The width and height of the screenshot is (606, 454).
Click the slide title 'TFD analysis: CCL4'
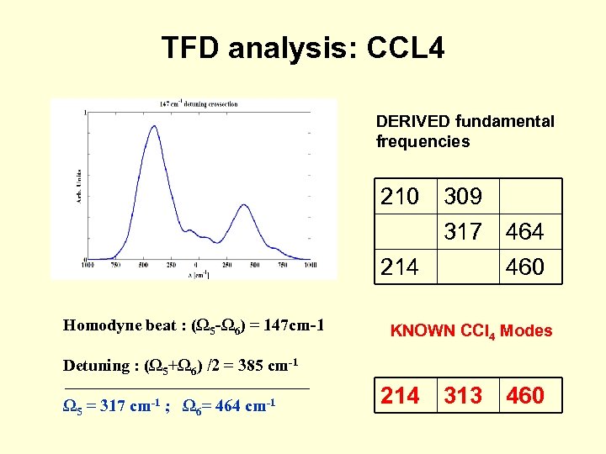(x=303, y=48)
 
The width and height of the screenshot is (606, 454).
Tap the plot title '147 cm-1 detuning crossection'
(x=199, y=105)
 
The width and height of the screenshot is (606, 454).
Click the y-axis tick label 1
(x=84, y=112)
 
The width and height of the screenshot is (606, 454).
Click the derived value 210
(x=399, y=197)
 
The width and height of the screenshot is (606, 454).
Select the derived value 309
(x=463, y=197)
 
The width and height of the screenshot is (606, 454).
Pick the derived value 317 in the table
(x=463, y=231)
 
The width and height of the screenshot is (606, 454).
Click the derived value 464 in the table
(x=524, y=231)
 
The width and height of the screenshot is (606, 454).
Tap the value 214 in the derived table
(x=399, y=267)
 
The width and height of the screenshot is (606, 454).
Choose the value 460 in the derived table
(x=524, y=267)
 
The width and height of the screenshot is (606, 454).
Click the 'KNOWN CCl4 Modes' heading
(x=471, y=330)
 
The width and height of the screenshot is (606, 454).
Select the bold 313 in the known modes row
(x=463, y=395)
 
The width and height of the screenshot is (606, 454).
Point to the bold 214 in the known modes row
(x=401, y=395)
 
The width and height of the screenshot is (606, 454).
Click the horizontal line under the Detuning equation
(x=186, y=388)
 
